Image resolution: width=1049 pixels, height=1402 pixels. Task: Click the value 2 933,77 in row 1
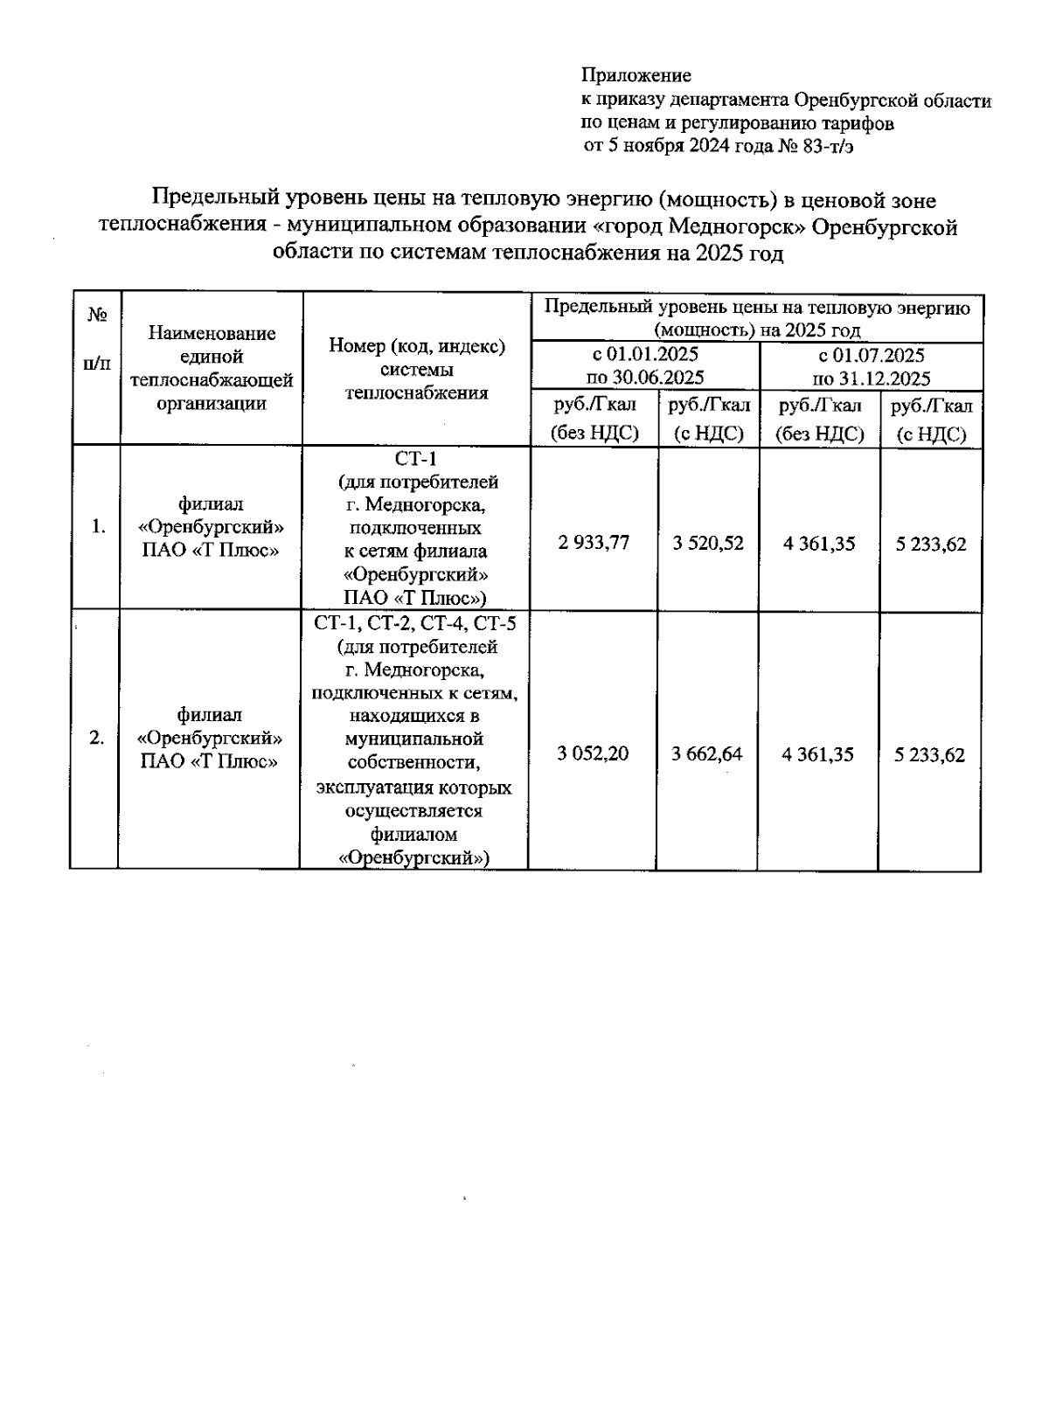click(x=594, y=543)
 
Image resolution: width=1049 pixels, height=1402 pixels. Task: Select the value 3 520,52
click(x=708, y=544)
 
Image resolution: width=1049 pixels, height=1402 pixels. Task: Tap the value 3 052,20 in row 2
click(x=593, y=753)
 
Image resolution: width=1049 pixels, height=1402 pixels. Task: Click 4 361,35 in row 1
click(x=819, y=544)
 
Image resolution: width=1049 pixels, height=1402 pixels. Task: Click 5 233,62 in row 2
click(x=930, y=754)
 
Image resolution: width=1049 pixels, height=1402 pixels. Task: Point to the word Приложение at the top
click(x=636, y=76)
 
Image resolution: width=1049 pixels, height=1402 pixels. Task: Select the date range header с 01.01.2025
click(x=646, y=355)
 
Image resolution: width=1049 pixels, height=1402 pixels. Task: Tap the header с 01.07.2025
click(x=872, y=355)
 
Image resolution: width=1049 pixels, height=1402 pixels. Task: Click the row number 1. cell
click(x=99, y=526)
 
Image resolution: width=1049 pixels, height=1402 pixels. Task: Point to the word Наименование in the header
click(x=212, y=333)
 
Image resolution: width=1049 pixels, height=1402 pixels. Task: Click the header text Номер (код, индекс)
click(x=417, y=346)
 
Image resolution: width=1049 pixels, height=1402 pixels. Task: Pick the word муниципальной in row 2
click(x=414, y=739)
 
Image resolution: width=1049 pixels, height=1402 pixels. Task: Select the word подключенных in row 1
click(x=415, y=528)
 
